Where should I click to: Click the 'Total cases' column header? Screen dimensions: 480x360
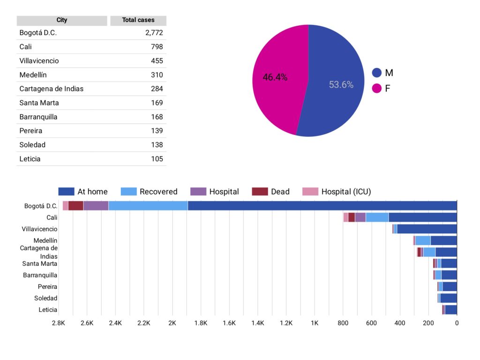(x=138, y=20)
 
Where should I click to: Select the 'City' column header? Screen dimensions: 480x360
(x=62, y=20)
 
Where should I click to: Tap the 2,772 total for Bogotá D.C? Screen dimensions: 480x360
(x=154, y=33)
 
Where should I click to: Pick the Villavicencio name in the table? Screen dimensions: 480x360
(x=39, y=61)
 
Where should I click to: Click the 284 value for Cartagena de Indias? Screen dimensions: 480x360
(x=157, y=89)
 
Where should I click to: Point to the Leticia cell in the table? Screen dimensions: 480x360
(x=30, y=159)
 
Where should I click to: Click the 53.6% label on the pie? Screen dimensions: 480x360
(x=341, y=84)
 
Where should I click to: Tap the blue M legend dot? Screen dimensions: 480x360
(x=377, y=73)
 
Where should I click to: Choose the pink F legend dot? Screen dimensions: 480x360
(x=377, y=89)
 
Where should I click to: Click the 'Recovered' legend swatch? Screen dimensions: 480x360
(x=128, y=192)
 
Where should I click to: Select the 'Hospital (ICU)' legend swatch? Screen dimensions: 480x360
(x=310, y=192)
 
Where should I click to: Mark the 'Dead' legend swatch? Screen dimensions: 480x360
(x=260, y=192)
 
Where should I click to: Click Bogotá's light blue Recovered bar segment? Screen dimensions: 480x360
(x=148, y=206)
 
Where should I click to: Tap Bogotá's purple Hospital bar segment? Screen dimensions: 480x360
(x=96, y=206)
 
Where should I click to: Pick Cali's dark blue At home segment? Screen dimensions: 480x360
(x=423, y=217)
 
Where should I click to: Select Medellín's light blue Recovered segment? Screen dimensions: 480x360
(x=423, y=240)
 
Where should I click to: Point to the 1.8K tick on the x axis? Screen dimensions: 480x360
(x=201, y=323)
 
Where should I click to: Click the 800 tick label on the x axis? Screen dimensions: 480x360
(x=343, y=323)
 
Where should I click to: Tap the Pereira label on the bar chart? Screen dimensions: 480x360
(x=47, y=287)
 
